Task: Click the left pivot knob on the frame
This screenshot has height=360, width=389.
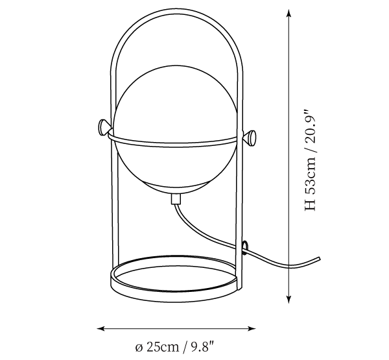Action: point(104,127)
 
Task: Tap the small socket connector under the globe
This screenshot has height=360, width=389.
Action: point(176,198)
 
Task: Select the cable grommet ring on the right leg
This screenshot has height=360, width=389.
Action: point(245,248)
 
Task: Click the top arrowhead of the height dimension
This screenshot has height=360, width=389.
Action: point(289,14)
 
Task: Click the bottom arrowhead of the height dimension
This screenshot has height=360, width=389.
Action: point(289,298)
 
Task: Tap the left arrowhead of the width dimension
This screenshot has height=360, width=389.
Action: point(101,328)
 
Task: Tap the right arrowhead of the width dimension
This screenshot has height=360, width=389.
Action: point(251,328)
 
